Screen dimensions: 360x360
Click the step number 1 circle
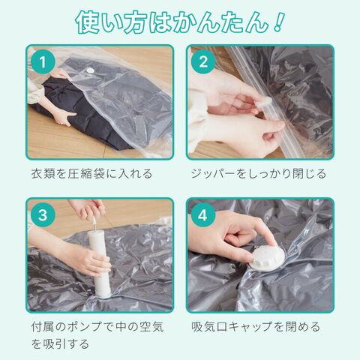click(x=43, y=61)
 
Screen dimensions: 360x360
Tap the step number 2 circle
click(x=203, y=61)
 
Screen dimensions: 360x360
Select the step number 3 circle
click(x=43, y=214)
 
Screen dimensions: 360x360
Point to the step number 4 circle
click(x=203, y=214)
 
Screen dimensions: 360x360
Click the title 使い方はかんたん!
click(x=180, y=22)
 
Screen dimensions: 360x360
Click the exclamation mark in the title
click(x=279, y=22)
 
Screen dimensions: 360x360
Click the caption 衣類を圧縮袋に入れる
click(x=91, y=174)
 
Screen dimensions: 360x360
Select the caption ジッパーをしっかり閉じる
click(x=259, y=174)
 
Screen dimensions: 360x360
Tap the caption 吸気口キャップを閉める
click(x=256, y=327)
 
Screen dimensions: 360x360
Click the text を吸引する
click(x=60, y=344)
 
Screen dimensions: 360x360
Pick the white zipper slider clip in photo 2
click(x=265, y=102)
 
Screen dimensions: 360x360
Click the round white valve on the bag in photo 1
click(x=89, y=70)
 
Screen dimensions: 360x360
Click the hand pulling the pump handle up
click(x=88, y=208)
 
